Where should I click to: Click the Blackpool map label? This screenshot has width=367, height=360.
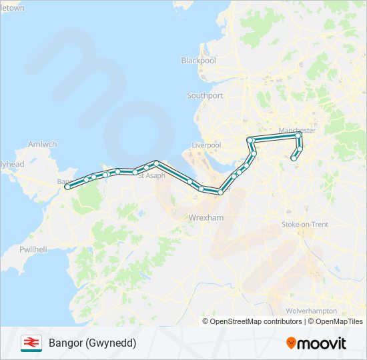[199, 61]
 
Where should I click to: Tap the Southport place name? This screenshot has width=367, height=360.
[205, 96]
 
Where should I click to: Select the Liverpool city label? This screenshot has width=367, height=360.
[206, 145]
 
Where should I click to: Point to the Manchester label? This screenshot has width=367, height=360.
[297, 130]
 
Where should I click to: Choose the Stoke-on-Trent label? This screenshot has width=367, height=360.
[305, 225]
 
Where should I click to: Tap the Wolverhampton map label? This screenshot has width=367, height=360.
[311, 311]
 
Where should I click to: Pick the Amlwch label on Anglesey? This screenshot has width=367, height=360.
[43, 145]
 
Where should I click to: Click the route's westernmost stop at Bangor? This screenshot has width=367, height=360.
[67, 187]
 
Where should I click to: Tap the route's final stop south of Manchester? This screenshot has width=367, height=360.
[293, 158]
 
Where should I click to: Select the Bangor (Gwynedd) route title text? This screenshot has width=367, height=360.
[92, 343]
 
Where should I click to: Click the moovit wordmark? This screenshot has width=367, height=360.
[322, 343]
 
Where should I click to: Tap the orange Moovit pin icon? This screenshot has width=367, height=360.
[292, 343]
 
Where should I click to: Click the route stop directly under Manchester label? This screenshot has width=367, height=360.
[298, 135]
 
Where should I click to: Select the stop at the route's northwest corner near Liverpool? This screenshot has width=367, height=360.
[250, 140]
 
